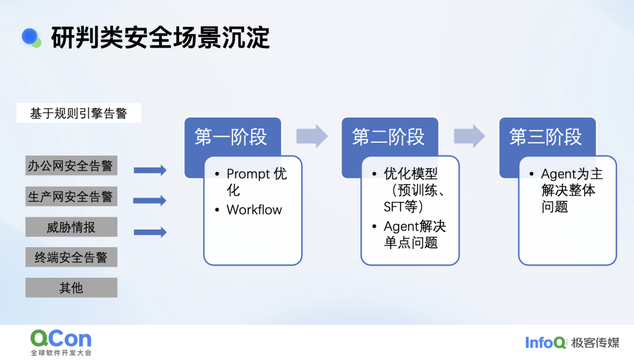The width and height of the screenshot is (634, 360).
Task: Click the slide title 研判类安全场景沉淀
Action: pos(160,38)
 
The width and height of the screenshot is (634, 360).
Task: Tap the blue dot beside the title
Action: pos(29,36)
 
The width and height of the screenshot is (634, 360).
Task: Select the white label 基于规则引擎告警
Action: pos(79,113)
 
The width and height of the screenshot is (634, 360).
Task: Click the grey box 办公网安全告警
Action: pos(71,166)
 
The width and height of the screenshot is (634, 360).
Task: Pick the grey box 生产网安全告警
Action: pos(71,196)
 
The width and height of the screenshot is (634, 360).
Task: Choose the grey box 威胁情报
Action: pos(71,227)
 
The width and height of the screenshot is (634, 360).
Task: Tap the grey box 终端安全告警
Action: pos(71,257)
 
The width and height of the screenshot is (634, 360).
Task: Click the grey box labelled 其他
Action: pos(71,288)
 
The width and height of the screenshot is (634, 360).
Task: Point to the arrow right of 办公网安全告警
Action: pos(150,170)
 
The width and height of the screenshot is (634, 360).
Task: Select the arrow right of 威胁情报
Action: pos(150,232)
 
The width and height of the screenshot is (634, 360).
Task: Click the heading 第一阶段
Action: pos(231,137)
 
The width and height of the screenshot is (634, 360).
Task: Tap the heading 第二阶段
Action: pos(388,137)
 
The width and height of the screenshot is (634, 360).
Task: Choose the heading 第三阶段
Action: pos(545,137)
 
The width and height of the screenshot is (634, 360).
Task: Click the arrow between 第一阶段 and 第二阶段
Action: pos(312,136)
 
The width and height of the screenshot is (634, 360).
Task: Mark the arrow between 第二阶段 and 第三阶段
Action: pos(470,136)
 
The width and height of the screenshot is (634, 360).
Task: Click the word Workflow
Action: pos(254,210)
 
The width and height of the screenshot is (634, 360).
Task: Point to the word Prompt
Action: pos(248,174)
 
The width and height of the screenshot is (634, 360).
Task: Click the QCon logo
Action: pos(61,342)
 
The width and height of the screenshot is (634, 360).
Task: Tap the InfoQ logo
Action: pos(545,342)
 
